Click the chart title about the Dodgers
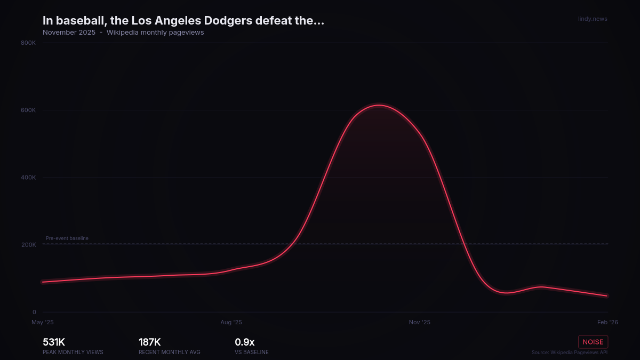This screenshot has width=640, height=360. point(183,21)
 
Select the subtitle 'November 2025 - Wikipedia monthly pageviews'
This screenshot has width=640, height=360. point(123,33)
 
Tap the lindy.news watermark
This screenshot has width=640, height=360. point(593,19)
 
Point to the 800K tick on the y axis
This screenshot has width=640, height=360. point(28,43)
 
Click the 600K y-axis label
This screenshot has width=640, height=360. point(28,110)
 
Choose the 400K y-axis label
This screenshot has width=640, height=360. point(28,178)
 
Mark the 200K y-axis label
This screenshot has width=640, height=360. point(28,245)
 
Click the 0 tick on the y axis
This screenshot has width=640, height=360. point(34,313)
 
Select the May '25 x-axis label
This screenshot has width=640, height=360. point(43,323)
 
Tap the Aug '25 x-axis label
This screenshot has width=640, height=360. point(231,323)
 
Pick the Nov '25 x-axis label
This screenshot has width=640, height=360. point(419,323)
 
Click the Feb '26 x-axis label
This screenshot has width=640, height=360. point(607,323)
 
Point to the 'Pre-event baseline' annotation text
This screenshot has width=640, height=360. point(67,238)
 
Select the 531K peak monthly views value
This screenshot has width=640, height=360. point(54,342)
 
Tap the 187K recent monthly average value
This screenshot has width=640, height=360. point(150,342)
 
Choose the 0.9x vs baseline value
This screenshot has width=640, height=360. point(245,342)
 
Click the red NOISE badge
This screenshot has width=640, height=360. point(593,342)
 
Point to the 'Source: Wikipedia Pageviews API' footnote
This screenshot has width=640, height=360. point(570,353)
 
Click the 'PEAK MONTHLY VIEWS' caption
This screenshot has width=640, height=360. point(73,353)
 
